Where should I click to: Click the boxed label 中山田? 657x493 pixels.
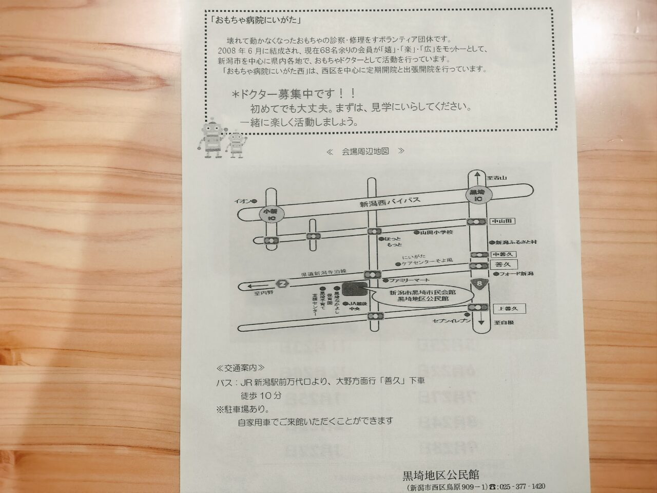[501, 221]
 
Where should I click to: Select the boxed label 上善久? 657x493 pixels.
[506, 308]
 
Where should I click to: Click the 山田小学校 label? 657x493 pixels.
[436, 232]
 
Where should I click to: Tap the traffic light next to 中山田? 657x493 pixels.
[476, 222]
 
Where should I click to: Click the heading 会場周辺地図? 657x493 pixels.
[365, 151]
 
